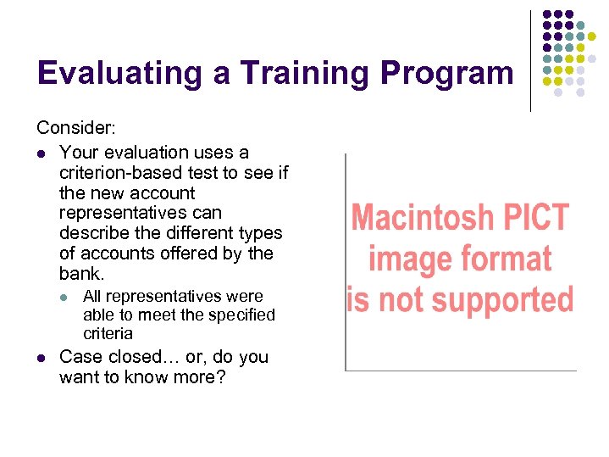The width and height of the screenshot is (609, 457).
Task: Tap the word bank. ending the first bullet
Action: [81, 274]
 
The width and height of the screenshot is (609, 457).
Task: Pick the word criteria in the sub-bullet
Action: [108, 334]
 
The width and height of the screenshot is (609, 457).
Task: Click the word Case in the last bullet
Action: [80, 357]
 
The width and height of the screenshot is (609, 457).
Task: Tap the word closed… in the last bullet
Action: [136, 357]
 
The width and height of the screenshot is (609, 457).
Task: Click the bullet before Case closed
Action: [41, 358]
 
